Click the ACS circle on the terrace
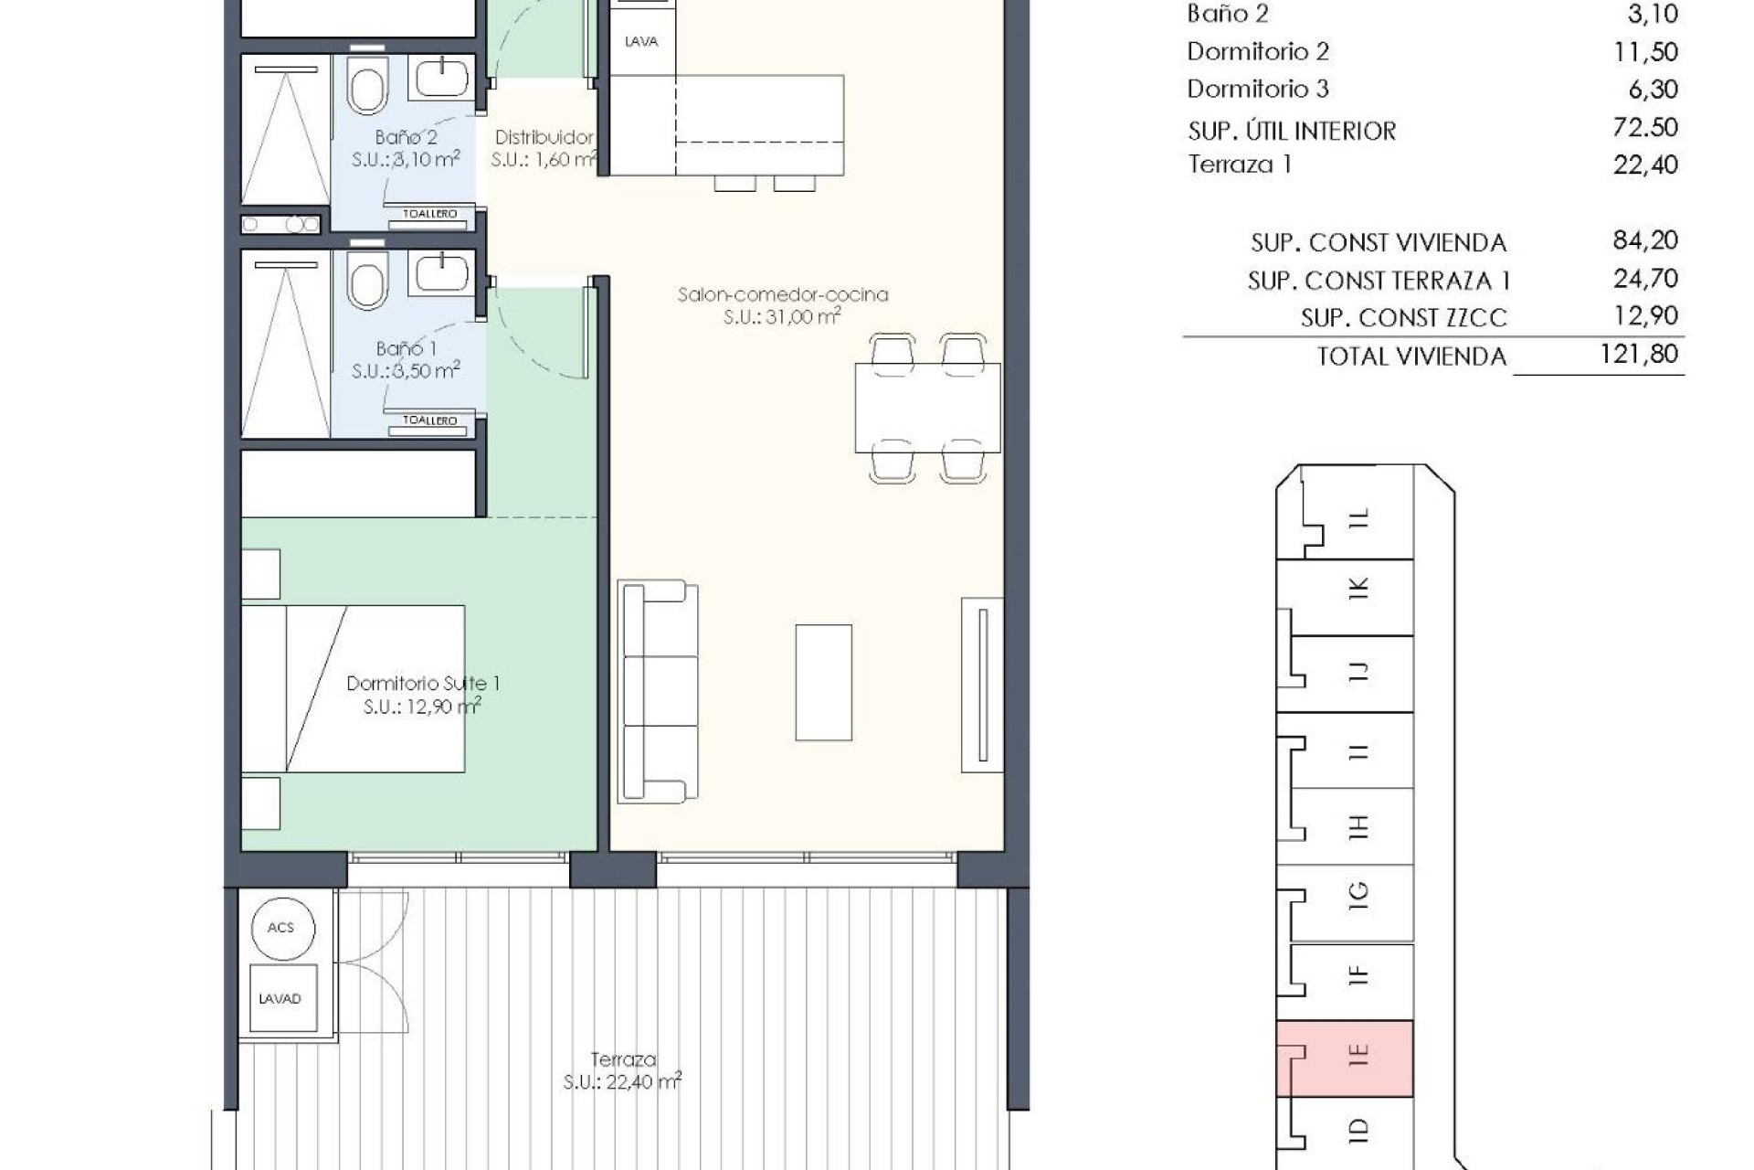click(280, 928)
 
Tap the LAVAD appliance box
click(280, 998)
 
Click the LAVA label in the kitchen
click(641, 41)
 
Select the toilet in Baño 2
click(367, 87)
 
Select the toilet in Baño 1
click(367, 281)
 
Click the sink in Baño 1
click(442, 273)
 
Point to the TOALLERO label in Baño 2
click(430, 214)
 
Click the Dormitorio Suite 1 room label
click(422, 683)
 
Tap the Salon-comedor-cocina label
click(783, 294)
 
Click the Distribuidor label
click(544, 137)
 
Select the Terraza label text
click(623, 1059)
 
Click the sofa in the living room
click(658, 691)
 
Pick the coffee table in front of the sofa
click(823, 682)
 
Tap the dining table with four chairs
click(927, 408)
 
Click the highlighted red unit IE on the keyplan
click(1345, 1058)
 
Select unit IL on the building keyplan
click(1359, 518)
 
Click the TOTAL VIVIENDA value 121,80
click(1639, 354)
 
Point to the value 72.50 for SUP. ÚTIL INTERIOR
click(1645, 127)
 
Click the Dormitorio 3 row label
click(1257, 89)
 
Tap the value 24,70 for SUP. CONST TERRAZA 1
click(1645, 279)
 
